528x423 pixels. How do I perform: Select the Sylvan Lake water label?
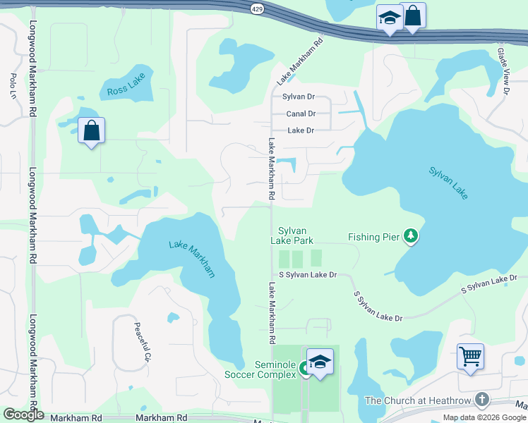pyautogui.click(x=448, y=182)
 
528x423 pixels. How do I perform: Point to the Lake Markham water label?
pyautogui.click(x=192, y=259)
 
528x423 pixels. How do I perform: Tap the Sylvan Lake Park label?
pyautogui.click(x=292, y=235)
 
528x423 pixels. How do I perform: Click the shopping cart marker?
pyautogui.click(x=470, y=357)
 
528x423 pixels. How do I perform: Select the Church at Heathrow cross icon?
pyautogui.click(x=482, y=400)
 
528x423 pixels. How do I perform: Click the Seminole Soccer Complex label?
pyautogui.click(x=260, y=369)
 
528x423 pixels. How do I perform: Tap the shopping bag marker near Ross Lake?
pyautogui.click(x=91, y=130)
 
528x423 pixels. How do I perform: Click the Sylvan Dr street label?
pyautogui.click(x=298, y=97)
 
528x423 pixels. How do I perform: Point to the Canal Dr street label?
pyautogui.click(x=300, y=114)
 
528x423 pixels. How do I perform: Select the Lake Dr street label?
pyautogui.click(x=301, y=130)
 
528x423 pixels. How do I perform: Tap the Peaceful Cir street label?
pyautogui.click(x=143, y=343)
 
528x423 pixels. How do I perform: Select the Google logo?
pyautogui.click(x=23, y=415)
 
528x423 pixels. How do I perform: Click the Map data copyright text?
pyautogui.click(x=485, y=417)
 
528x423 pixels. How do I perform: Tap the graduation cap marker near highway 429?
pyautogui.click(x=389, y=19)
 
